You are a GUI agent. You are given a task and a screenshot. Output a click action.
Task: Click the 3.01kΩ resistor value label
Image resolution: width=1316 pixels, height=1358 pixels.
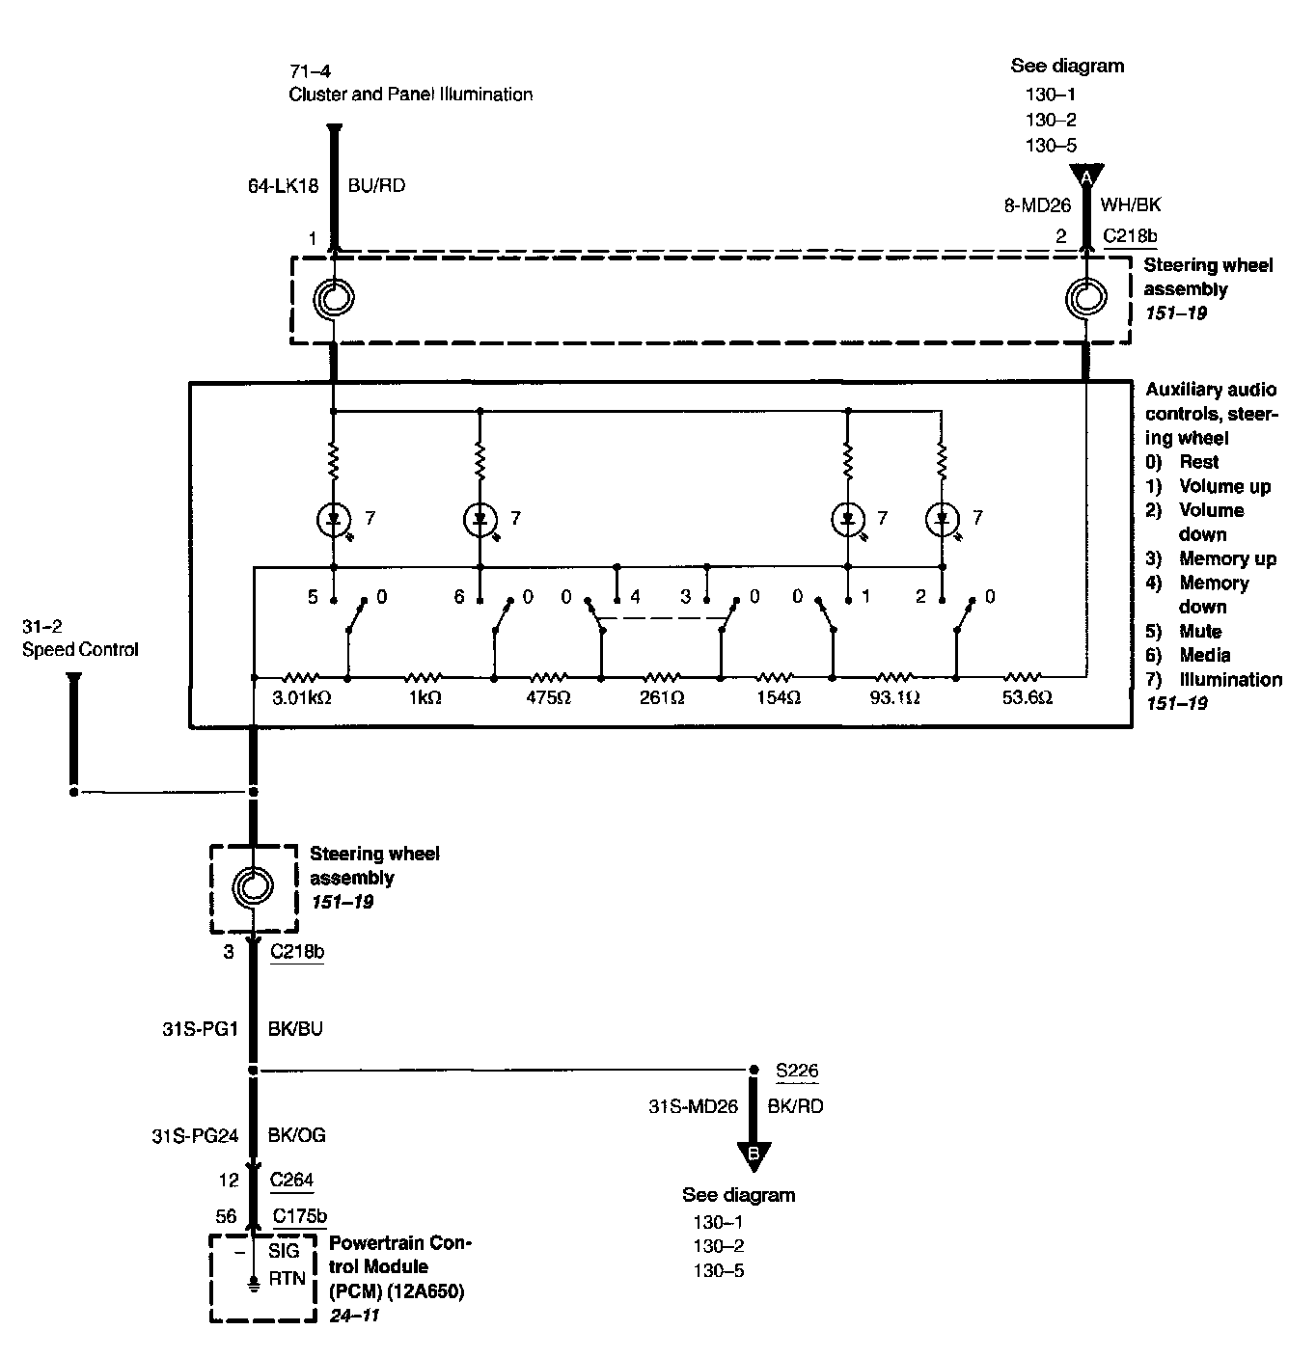pyautogui.click(x=302, y=697)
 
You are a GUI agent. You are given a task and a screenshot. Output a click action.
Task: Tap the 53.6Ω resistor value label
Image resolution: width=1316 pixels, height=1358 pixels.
pyautogui.click(x=1027, y=697)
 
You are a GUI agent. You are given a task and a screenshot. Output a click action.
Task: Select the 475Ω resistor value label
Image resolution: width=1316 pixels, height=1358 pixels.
pyautogui.click(x=547, y=697)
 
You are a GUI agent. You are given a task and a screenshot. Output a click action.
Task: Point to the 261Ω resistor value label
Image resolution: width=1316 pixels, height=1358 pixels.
pyautogui.click(x=661, y=697)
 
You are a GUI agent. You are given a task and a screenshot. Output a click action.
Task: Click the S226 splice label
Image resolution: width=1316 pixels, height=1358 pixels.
pyautogui.click(x=797, y=1071)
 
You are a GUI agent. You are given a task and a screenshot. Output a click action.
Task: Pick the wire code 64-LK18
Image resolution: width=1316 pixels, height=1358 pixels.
pyautogui.click(x=283, y=185)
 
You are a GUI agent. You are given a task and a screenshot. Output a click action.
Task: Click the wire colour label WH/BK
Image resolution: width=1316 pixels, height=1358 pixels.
pyautogui.click(x=1131, y=204)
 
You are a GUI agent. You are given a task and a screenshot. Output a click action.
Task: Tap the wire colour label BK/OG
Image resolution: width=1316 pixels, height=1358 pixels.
pyautogui.click(x=296, y=1135)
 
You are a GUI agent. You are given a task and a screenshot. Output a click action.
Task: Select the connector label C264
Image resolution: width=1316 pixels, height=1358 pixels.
pyautogui.click(x=291, y=1179)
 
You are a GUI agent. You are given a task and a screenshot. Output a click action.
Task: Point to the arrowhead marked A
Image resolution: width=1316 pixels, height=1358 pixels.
pyautogui.click(x=1086, y=177)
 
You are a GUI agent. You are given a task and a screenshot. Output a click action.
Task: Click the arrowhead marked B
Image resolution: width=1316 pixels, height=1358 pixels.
pyautogui.click(x=754, y=1154)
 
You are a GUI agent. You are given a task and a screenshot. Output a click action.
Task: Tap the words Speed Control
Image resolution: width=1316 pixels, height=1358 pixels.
pyautogui.click(x=80, y=649)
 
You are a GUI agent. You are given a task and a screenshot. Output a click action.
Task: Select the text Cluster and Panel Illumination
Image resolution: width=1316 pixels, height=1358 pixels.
pyautogui.click(x=410, y=95)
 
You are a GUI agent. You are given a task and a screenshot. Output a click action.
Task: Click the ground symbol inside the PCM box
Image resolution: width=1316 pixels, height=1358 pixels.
pyautogui.click(x=253, y=1284)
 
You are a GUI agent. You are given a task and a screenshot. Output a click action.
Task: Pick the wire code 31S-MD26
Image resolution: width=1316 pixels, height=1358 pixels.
pyautogui.click(x=693, y=1106)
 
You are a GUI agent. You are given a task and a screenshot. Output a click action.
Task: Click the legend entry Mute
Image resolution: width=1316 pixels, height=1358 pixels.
pyautogui.click(x=1200, y=632)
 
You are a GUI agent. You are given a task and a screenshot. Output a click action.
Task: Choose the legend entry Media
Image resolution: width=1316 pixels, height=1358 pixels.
pyautogui.click(x=1204, y=656)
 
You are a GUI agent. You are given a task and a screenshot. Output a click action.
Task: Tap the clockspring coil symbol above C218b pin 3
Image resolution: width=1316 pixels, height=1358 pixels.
pyautogui.click(x=253, y=885)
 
